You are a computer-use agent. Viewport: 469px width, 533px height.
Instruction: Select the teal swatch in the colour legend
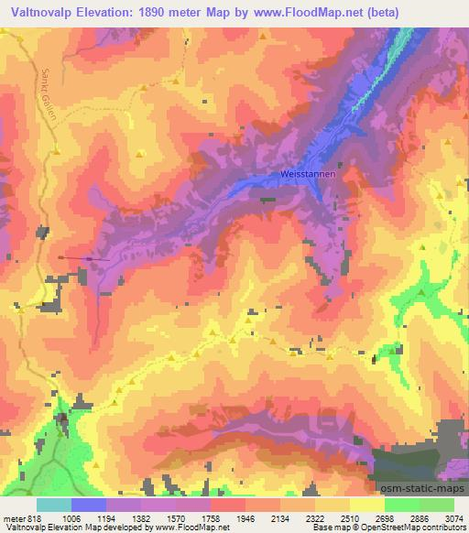tap(53, 505)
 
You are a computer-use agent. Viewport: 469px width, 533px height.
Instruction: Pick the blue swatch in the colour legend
tap(88, 505)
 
